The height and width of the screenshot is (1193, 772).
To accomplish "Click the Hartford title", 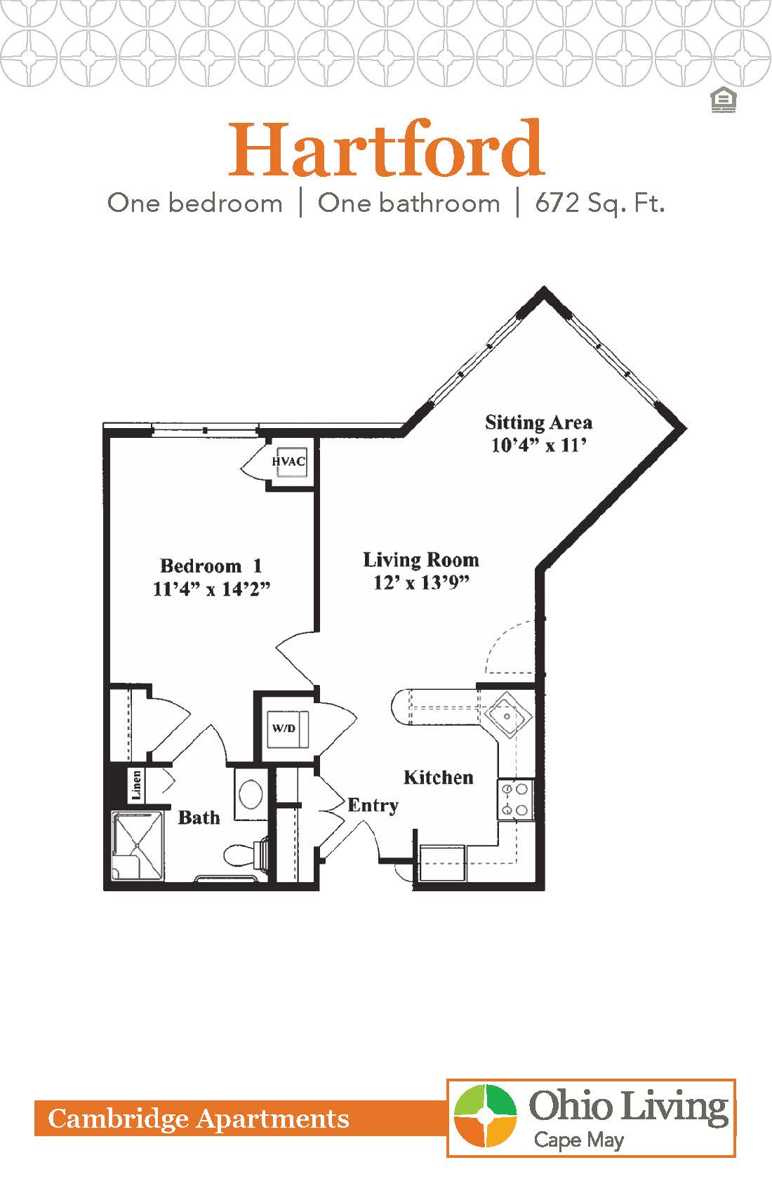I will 386,149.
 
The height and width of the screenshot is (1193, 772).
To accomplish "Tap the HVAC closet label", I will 289,461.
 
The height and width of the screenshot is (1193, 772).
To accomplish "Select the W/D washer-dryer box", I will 284,728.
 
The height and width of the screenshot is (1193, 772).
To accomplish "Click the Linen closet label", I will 137,785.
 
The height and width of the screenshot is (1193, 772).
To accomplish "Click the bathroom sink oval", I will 251,794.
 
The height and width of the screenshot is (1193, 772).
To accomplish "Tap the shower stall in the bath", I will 138,845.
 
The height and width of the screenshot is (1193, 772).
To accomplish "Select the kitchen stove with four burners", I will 516,799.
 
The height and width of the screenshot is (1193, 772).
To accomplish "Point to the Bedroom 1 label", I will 211,566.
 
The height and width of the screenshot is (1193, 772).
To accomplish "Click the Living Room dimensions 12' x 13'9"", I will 421,582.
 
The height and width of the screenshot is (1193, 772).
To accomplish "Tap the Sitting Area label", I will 538,422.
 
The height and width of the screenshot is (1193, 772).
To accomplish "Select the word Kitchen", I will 438,777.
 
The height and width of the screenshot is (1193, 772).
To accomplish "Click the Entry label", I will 373,805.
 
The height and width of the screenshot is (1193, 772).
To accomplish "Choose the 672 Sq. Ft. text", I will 599,204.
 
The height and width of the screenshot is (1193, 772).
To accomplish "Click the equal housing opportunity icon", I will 722,100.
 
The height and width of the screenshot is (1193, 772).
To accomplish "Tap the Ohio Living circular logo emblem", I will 485,1116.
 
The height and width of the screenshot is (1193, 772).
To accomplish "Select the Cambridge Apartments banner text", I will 199,1119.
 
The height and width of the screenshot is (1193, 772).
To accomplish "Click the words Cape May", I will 578,1140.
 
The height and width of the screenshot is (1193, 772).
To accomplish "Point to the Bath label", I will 199,818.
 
